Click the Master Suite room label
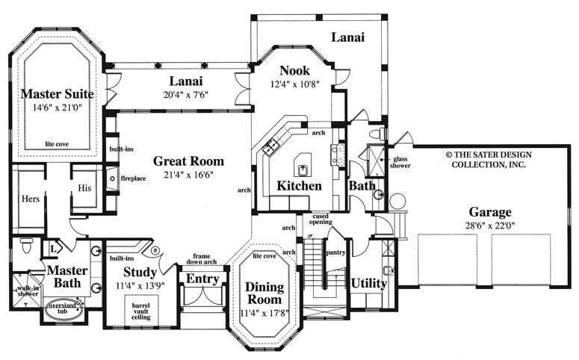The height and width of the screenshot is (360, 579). (57, 94)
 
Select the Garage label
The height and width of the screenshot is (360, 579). (490, 211)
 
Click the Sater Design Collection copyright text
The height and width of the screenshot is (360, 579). (486, 158)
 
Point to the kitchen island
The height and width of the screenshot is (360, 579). (303, 162)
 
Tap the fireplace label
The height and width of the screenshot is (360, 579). (133, 179)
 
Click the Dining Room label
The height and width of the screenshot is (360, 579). (264, 293)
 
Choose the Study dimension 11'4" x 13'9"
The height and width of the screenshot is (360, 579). (140, 285)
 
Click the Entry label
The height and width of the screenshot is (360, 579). (202, 279)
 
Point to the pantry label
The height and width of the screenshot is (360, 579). (335, 252)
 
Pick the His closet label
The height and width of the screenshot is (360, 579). (84, 189)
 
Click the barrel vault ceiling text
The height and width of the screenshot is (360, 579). (140, 311)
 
